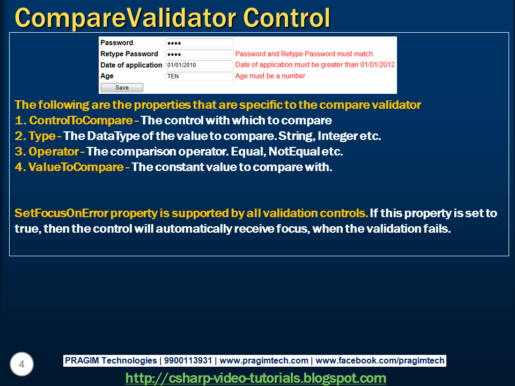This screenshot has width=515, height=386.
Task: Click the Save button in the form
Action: tap(122, 87)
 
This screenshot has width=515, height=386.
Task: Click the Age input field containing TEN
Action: tap(199, 76)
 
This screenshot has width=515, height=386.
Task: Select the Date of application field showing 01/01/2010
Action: tap(199, 65)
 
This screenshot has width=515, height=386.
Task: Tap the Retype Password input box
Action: tap(199, 54)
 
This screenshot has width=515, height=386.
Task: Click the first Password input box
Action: tap(199, 43)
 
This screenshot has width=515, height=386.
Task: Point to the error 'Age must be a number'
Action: tap(270, 76)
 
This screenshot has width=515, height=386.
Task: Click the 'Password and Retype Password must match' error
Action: tap(304, 54)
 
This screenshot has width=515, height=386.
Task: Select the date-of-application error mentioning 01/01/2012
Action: tap(315, 65)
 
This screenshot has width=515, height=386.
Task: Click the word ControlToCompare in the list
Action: tap(80, 120)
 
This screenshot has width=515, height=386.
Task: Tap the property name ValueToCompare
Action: tap(76, 167)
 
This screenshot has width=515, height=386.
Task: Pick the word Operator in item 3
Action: tap(53, 151)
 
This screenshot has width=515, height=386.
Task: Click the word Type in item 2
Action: tap(41, 136)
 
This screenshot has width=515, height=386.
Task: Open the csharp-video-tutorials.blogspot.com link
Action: tap(255, 378)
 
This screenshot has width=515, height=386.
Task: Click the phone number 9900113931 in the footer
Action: tap(188, 361)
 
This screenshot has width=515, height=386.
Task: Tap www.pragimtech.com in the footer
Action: tap(264, 361)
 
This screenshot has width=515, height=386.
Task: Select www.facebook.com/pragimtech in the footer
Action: tap(382, 361)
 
